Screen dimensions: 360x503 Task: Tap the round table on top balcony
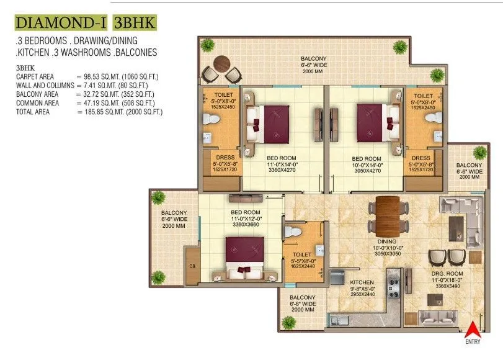click(x=221, y=64)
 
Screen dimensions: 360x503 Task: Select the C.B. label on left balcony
click(x=192, y=268)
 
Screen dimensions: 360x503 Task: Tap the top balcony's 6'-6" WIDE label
click(x=314, y=65)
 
